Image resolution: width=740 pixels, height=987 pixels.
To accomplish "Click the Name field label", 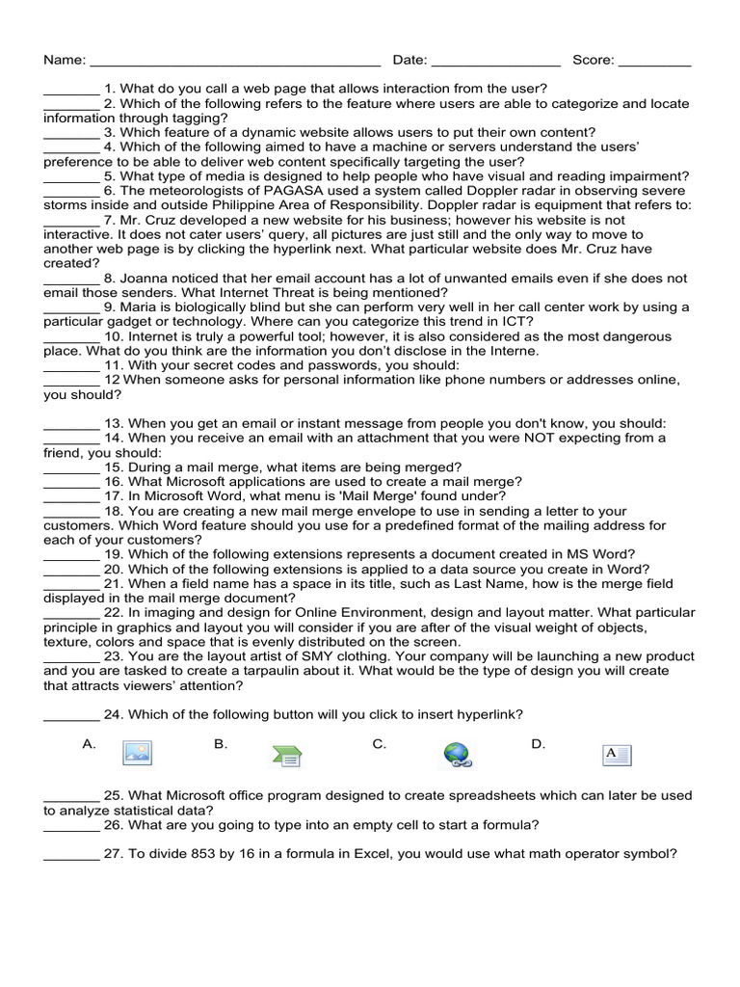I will [64, 60].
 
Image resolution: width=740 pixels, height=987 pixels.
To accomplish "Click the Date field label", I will [410, 60].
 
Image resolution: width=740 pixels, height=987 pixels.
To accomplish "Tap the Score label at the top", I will [593, 60].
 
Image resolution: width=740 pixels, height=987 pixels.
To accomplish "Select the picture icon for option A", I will [137, 753].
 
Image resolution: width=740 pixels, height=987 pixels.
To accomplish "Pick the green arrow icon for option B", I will [286, 756].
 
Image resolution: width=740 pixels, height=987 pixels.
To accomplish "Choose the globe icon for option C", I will [456, 755].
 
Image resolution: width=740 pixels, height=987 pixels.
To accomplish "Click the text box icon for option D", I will [617, 755].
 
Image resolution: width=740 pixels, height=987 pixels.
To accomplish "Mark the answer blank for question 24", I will [71, 715].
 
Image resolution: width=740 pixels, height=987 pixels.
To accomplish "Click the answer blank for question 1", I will [71, 90].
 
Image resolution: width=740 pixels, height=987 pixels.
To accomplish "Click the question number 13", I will [114, 424].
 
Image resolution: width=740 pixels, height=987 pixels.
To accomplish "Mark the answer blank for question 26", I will [71, 826].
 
